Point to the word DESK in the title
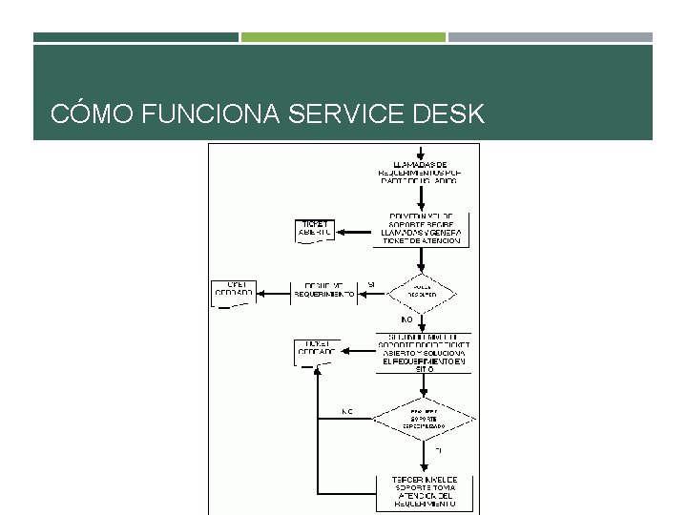pos(450,115)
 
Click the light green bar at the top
pos(343,37)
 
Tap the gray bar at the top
pos(551,37)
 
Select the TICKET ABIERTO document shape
pos(315,230)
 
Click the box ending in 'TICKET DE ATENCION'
pos(421,230)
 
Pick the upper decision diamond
pos(421,290)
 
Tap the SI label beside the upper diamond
pos(370,284)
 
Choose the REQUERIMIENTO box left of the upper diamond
pos(324,290)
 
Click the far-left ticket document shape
pos(232,291)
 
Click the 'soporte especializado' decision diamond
pos(422,417)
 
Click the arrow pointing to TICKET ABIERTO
pos(356,231)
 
